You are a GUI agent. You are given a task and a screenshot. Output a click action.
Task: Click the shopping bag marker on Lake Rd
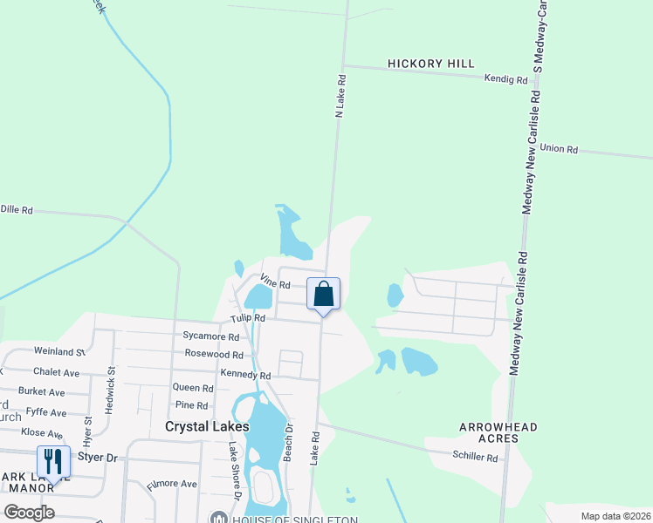tap(323, 294)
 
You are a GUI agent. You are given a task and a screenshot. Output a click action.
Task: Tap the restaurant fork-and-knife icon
tap(53, 461)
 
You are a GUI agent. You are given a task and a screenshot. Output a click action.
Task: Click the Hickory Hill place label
tap(431, 64)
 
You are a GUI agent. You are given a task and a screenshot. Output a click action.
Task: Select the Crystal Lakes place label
tap(207, 426)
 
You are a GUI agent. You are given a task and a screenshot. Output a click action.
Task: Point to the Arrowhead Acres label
tap(498, 433)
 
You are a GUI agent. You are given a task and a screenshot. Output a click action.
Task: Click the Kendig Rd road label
tap(506, 79)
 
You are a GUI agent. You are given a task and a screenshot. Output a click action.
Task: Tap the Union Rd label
tap(559, 149)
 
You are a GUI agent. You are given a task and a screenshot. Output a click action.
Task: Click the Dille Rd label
tap(17, 210)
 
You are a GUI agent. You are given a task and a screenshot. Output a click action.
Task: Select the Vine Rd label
tap(275, 281)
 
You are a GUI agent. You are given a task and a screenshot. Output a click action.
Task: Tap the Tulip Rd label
tap(247, 319)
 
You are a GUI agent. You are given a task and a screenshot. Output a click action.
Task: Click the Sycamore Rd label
tap(210, 336)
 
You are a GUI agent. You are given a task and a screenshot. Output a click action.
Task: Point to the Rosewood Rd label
tap(214, 354)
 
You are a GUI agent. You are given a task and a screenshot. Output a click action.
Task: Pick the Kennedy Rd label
tap(245, 375)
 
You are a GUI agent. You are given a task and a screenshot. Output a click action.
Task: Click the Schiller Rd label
tap(475, 457)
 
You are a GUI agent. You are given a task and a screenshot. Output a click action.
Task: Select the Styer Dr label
tap(97, 457)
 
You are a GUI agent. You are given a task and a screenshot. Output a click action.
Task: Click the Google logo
tap(29, 513)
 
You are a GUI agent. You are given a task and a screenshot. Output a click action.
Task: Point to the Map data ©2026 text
tap(615, 516)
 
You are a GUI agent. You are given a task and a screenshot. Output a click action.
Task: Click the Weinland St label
tap(59, 351)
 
